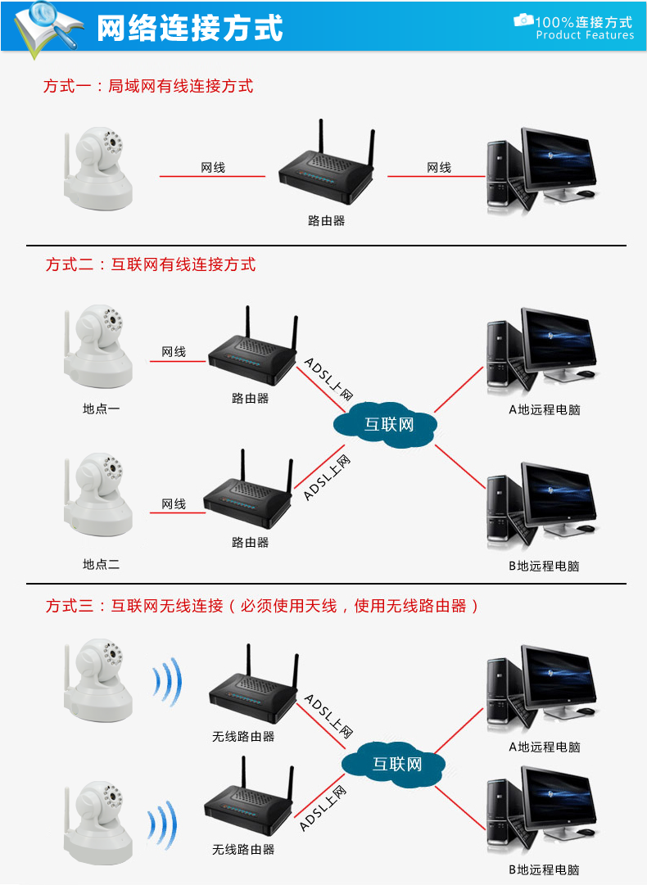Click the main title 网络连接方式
(x=190, y=28)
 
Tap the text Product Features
(x=585, y=35)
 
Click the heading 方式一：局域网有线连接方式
(x=148, y=85)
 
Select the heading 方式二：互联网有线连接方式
(x=151, y=264)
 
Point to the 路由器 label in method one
(x=326, y=220)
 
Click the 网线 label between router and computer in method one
(x=439, y=167)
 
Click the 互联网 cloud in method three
(x=396, y=765)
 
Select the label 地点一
(x=101, y=408)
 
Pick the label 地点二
(x=101, y=564)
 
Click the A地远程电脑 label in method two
(x=544, y=409)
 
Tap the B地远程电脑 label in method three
(x=544, y=869)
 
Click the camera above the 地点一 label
(x=98, y=348)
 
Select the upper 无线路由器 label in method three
(x=243, y=736)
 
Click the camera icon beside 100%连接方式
(x=523, y=20)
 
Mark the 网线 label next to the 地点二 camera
(x=174, y=503)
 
